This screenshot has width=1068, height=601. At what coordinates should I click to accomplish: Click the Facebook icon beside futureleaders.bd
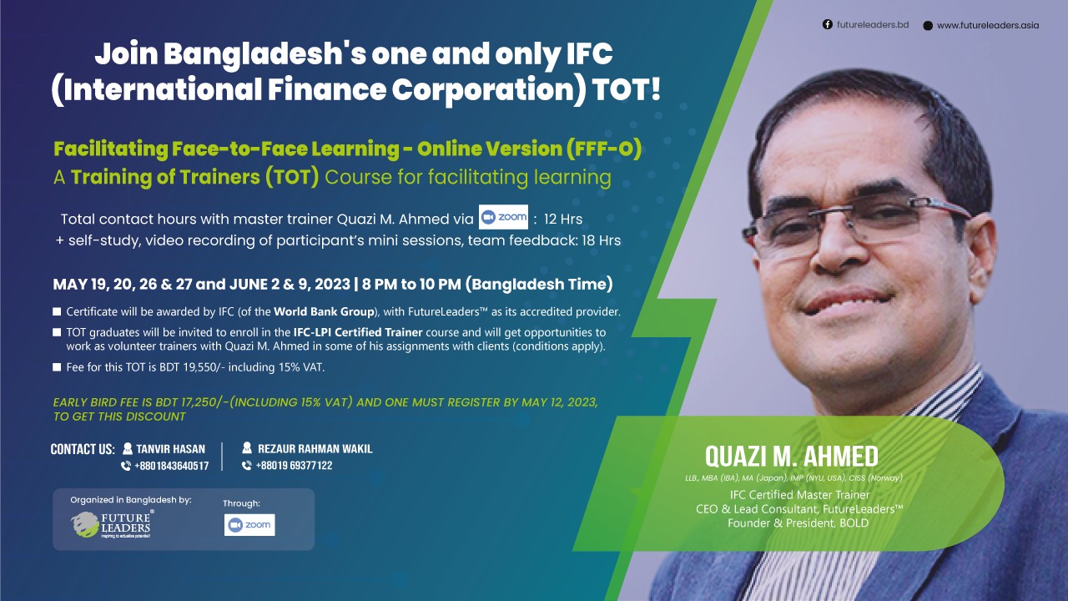coord(827,24)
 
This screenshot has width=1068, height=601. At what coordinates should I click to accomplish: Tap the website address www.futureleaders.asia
coord(988,25)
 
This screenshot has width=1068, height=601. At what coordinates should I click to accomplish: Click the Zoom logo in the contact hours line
coord(503,217)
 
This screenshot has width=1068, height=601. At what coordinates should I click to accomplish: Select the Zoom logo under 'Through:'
coord(249,525)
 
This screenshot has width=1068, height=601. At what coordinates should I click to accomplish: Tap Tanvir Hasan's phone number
coord(172,466)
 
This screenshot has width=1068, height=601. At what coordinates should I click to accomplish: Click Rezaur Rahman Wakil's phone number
coord(294,465)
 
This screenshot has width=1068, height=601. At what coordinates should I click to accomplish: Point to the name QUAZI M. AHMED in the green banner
coord(792,456)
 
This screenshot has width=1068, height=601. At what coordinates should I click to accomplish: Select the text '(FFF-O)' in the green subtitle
coord(604,149)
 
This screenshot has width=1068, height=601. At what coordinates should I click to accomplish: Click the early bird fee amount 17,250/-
coord(204,402)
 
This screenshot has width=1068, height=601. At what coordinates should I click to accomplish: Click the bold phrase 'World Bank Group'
coord(324,311)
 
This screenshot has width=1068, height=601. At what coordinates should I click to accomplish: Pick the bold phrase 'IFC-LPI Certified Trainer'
coord(358,332)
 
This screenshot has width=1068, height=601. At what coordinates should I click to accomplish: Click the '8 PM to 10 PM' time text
coord(411,285)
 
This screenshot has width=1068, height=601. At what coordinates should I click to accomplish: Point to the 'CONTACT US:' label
coord(83,449)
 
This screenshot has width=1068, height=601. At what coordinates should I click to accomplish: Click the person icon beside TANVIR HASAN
coord(128,448)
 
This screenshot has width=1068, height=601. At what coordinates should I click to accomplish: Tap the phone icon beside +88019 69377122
coord(246,465)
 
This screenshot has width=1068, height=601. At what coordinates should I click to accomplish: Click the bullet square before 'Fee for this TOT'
coord(57,366)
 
